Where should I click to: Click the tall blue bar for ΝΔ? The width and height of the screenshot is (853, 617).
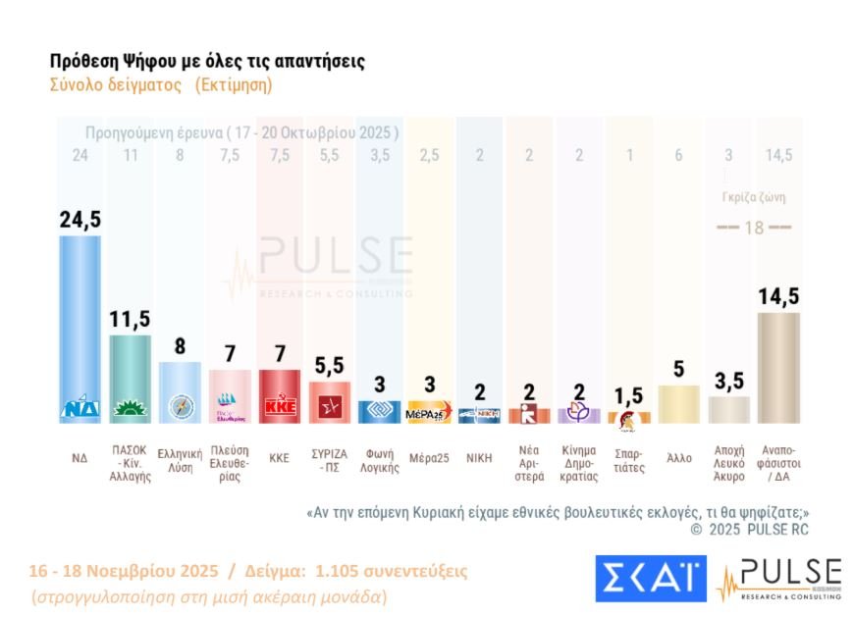pyautogui.click(x=80, y=324)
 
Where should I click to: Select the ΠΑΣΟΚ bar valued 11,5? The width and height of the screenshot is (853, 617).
pyautogui.click(x=130, y=378)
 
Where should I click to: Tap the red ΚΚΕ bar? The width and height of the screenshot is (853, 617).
pyautogui.click(x=279, y=395)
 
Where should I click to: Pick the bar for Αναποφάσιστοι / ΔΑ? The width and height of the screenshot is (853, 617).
pyautogui.click(x=779, y=368)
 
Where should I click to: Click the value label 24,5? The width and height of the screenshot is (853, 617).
pyautogui.click(x=80, y=220)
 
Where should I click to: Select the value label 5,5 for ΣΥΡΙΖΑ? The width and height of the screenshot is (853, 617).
pyautogui.click(x=329, y=367)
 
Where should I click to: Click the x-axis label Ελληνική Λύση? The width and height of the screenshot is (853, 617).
pyautogui.click(x=180, y=460)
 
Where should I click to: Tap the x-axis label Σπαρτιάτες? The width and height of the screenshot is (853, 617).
pyautogui.click(x=629, y=460)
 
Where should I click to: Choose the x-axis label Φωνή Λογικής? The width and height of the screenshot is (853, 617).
pyautogui.click(x=379, y=460)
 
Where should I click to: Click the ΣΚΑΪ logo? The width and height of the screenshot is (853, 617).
pyautogui.click(x=650, y=579)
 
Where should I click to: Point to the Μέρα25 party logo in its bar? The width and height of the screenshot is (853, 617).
pyautogui.click(x=429, y=413)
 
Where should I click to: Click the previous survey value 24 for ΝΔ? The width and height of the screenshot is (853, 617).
pyautogui.click(x=80, y=155)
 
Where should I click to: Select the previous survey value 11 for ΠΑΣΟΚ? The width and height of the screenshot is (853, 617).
pyautogui.click(x=130, y=155)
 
